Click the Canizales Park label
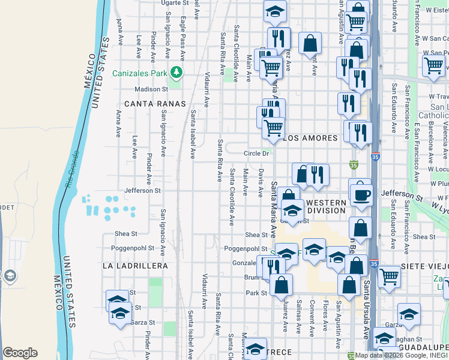pos(139,74)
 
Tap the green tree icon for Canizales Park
pos(176,73)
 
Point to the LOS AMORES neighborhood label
pos(311,138)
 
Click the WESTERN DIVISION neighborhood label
pos(326,206)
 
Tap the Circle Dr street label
pos(256,154)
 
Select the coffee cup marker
pos(361,195)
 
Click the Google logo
pos(20,353)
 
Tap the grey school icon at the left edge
pos(10,275)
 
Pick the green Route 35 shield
pos(354,164)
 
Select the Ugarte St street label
pos(175,3)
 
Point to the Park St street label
pos(256,293)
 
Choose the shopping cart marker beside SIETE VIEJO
pos(389,277)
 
